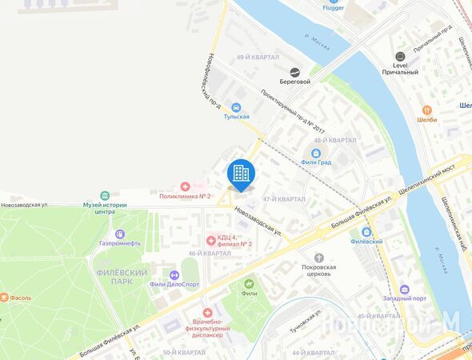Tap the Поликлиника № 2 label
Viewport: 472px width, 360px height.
[x=185, y=196]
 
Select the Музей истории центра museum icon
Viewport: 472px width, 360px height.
[x=104, y=195]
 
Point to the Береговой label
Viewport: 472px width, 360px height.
[x=294, y=82]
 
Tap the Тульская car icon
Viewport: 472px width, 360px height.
[x=236, y=107]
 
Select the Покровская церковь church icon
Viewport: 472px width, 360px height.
[x=319, y=257]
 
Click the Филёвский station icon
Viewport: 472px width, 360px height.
[x=366, y=230]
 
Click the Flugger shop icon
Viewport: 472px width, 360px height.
[x=333, y=8]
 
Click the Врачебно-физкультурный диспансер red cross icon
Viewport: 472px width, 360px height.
[x=207, y=313]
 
